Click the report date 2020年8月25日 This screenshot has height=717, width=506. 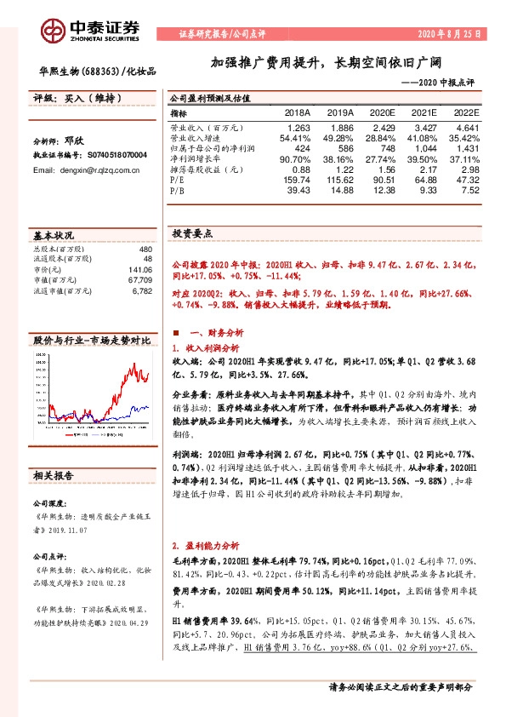point(447,34)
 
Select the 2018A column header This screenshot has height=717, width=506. point(297,112)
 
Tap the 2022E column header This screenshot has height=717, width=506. point(466,112)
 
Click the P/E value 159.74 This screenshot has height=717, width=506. point(296,180)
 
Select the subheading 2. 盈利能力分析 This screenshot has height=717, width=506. point(207,543)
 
